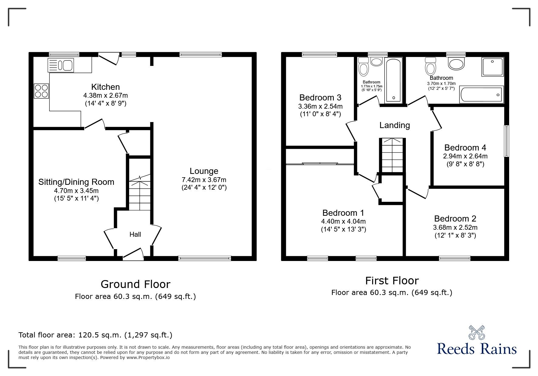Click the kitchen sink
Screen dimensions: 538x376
click(61, 65)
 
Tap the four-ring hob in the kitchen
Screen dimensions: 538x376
click(41, 91)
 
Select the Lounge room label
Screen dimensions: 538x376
click(204, 171)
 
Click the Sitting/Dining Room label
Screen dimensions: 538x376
click(76, 182)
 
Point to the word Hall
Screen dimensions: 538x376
click(135, 234)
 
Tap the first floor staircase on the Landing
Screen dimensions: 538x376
click(392, 155)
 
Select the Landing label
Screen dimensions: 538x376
click(395, 125)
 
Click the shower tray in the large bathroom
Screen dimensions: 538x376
click(492, 67)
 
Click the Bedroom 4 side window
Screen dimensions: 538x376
click(506, 141)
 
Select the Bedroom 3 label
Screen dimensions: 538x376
click(320, 97)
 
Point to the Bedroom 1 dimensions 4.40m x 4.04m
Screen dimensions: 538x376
click(343, 222)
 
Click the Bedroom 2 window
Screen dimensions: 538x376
click(454, 258)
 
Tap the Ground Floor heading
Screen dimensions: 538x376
click(135, 284)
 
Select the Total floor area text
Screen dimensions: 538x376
click(95, 335)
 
